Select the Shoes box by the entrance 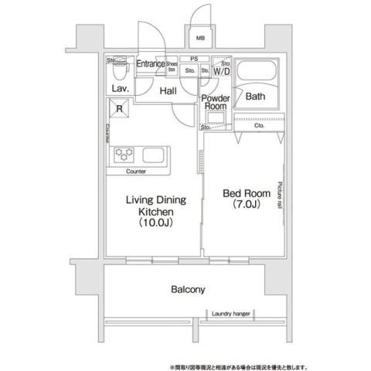172,67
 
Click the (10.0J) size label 155,223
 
